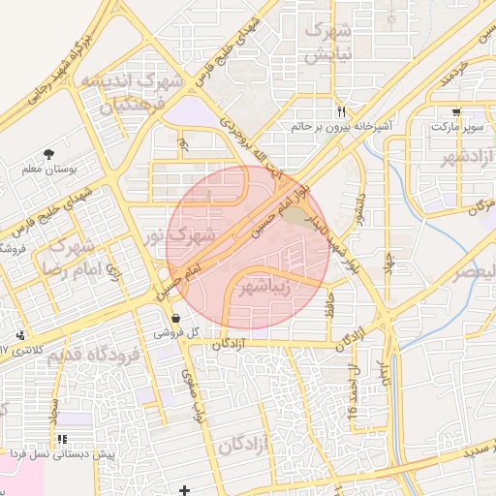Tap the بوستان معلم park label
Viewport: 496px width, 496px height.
click(x=48, y=170)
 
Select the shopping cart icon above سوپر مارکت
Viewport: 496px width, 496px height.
click(x=456, y=110)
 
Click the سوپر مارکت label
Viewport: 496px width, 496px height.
click(x=455, y=127)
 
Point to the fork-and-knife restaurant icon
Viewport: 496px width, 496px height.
click(x=340, y=110)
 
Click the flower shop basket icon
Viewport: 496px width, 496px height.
click(x=174, y=318)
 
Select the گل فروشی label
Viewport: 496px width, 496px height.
click(x=174, y=332)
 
